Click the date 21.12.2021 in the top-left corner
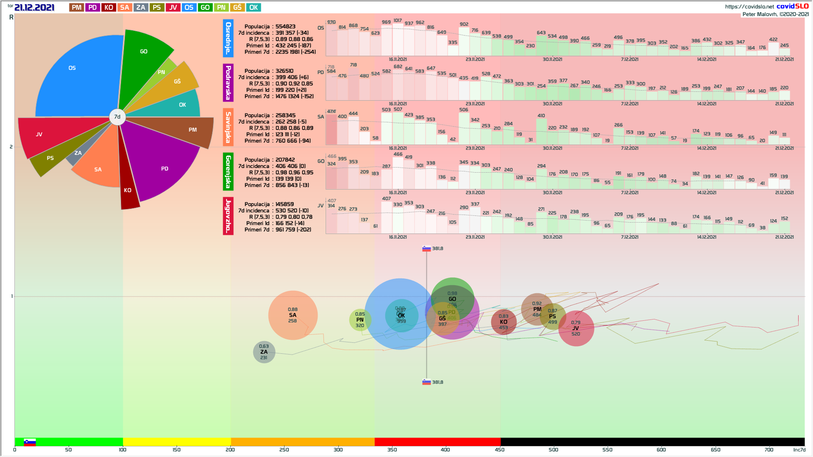[x=34, y=8]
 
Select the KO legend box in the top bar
[x=108, y=8]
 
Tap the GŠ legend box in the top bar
[x=237, y=8]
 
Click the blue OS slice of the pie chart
[x=76, y=80]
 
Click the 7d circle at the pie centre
[x=117, y=117]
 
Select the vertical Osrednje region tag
[x=228, y=38]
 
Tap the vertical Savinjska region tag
[x=228, y=127]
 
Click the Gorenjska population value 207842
[x=285, y=160]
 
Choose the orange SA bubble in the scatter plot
[x=293, y=315]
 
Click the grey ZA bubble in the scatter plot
[x=264, y=352]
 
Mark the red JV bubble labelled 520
[x=576, y=328]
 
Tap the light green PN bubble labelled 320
[x=360, y=320]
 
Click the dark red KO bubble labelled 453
[x=503, y=322]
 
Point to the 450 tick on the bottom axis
[x=500, y=450]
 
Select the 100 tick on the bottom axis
[x=122, y=450]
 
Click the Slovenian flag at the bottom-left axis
[x=30, y=442]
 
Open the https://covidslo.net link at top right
[x=749, y=7]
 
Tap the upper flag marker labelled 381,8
[x=426, y=249]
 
